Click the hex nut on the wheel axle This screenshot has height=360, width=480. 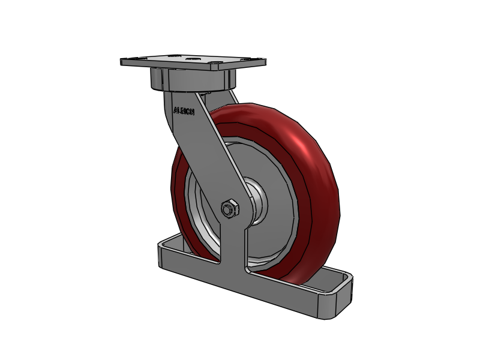[230, 209]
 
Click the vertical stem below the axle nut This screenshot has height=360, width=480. [235, 246]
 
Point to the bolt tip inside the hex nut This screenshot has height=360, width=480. [228, 209]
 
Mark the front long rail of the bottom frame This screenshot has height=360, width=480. [252, 288]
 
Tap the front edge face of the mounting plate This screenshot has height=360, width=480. [192, 67]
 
